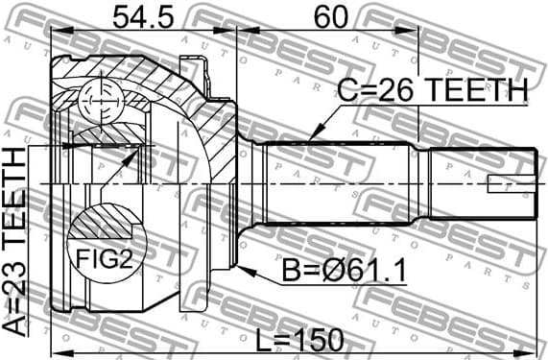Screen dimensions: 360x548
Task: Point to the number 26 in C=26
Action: [393, 90]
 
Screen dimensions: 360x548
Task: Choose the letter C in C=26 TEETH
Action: [347, 90]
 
